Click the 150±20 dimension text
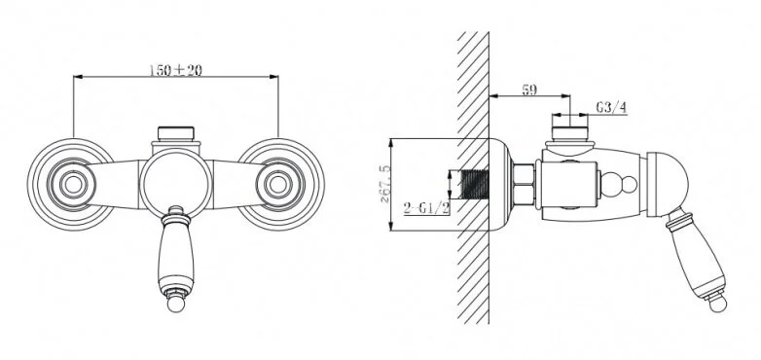click(175, 70)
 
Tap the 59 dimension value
click(529, 90)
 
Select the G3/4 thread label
click(611, 108)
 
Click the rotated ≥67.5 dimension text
click(384, 184)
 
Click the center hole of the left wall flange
click(73, 184)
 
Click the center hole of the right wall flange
click(277, 184)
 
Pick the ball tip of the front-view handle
click(176, 305)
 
